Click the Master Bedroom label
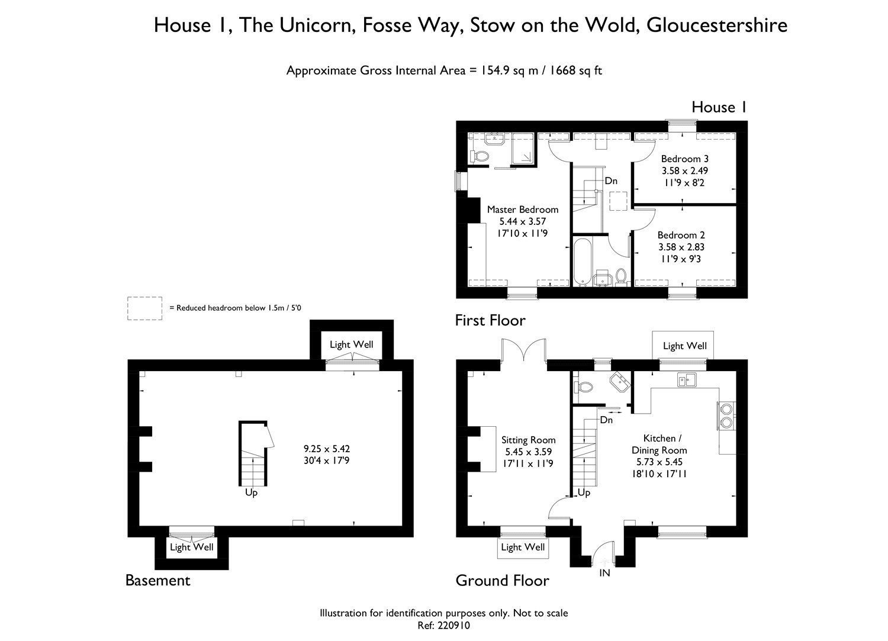[523, 210]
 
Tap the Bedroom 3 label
[684, 159]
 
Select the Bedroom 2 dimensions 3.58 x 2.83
[681, 247]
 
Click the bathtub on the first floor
[583, 262]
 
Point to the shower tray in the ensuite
[523, 148]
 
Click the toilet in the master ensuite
[478, 156]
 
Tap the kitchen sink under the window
[687, 379]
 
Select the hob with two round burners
[726, 415]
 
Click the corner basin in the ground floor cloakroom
[620, 382]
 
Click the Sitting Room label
[529, 440]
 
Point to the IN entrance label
[604, 573]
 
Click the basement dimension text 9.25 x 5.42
[327, 449]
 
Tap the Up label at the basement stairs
[252, 492]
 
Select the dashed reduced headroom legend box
[144, 308]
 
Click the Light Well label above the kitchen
[684, 346]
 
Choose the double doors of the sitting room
[524, 350]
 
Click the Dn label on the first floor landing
[611, 181]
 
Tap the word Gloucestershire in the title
[717, 25]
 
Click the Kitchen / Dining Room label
[659, 444]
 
